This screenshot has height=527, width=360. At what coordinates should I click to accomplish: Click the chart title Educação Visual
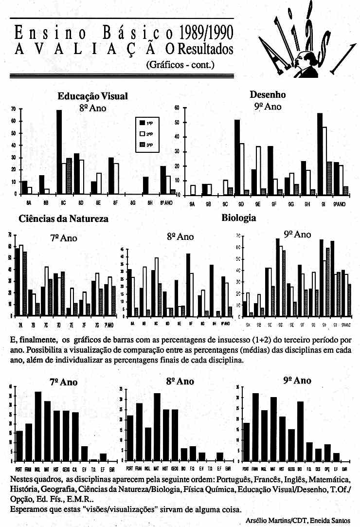point(92,96)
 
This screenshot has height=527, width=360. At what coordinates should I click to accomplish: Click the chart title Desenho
point(268,94)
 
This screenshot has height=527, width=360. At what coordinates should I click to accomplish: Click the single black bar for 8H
point(145,185)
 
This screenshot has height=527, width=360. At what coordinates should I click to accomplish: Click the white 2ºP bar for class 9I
point(324,161)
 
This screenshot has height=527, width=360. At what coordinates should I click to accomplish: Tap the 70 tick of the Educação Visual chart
point(14,109)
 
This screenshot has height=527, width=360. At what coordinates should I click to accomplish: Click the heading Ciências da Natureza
point(63,219)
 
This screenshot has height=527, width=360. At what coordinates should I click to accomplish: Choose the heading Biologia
point(238,218)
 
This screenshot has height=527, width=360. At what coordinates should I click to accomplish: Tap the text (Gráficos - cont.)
point(180,64)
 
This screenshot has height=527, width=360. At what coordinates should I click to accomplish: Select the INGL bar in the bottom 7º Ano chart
point(38,427)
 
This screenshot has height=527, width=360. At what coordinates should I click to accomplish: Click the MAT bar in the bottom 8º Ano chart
point(157,427)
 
